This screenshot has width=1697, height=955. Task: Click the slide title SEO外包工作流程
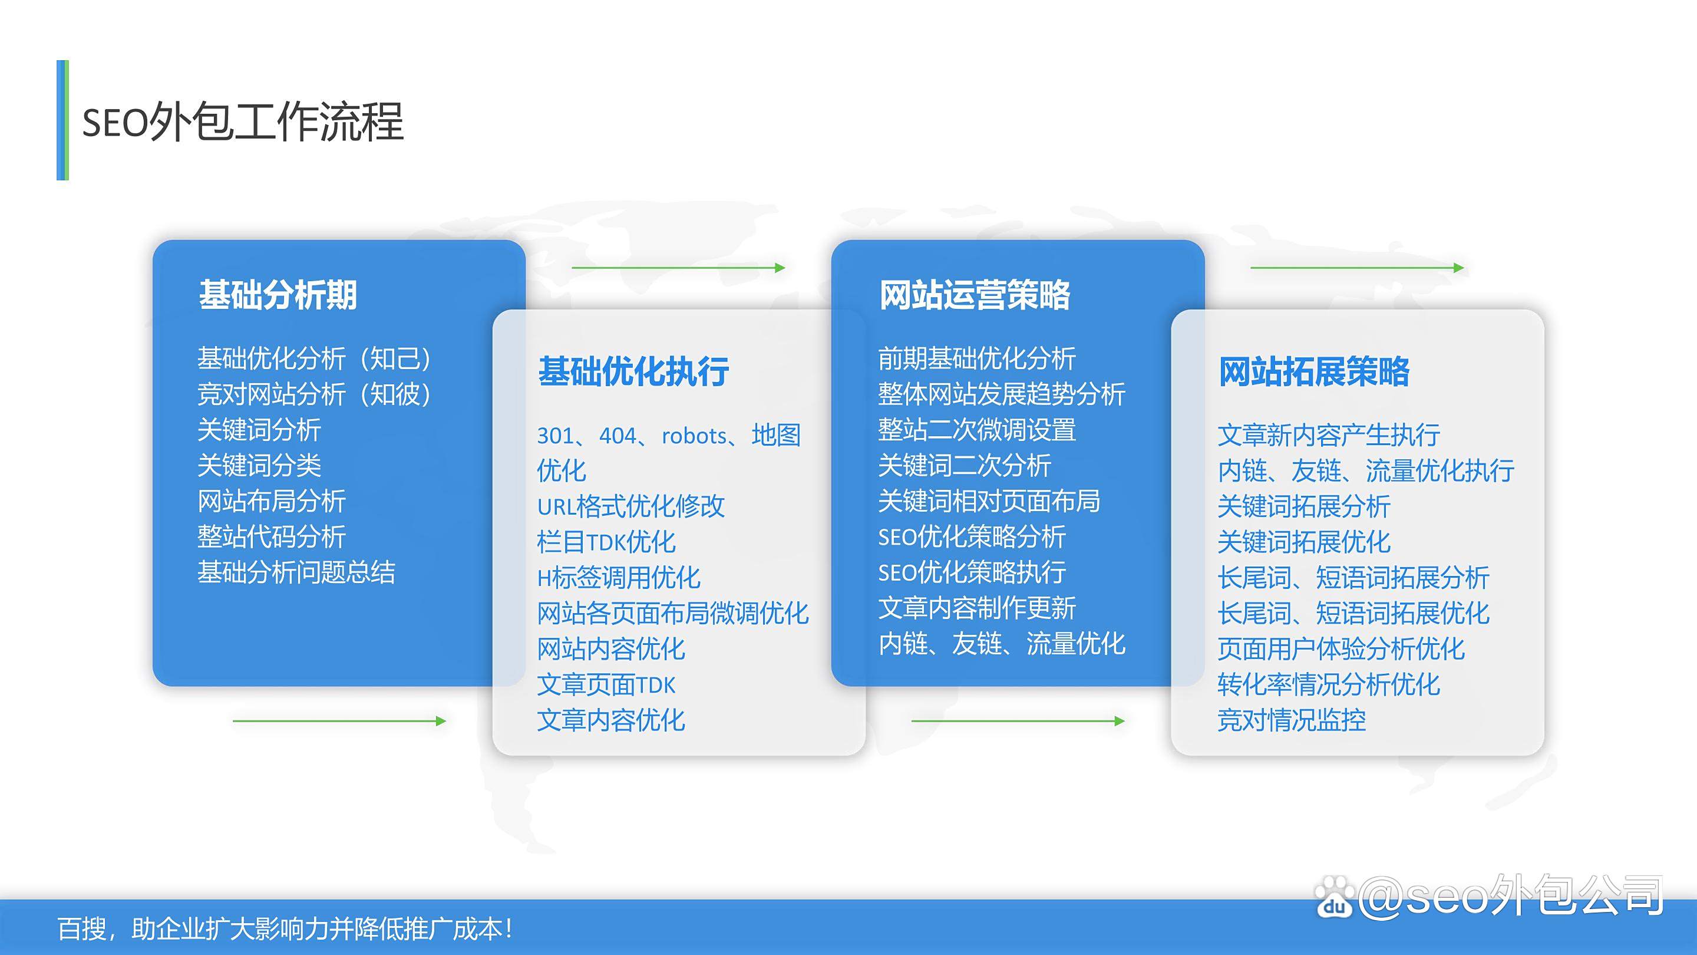242,122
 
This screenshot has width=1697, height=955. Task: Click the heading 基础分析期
278,295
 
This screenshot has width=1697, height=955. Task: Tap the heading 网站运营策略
975,295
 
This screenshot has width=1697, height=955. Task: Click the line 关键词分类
259,465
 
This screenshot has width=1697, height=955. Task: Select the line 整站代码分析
272,536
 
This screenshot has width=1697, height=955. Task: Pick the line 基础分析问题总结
296,572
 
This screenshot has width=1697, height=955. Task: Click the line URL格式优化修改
631,506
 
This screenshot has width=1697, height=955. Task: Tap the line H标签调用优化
619,577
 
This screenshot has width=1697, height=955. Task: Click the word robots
694,436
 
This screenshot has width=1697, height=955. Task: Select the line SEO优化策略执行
972,572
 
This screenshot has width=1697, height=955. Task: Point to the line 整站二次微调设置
977,430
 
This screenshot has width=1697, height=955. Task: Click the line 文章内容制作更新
977,608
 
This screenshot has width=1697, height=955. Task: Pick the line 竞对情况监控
1292,720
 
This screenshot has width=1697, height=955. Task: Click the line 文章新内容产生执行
1329,435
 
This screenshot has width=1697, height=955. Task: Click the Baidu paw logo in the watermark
1335,896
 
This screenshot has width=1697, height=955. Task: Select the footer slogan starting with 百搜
285,929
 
